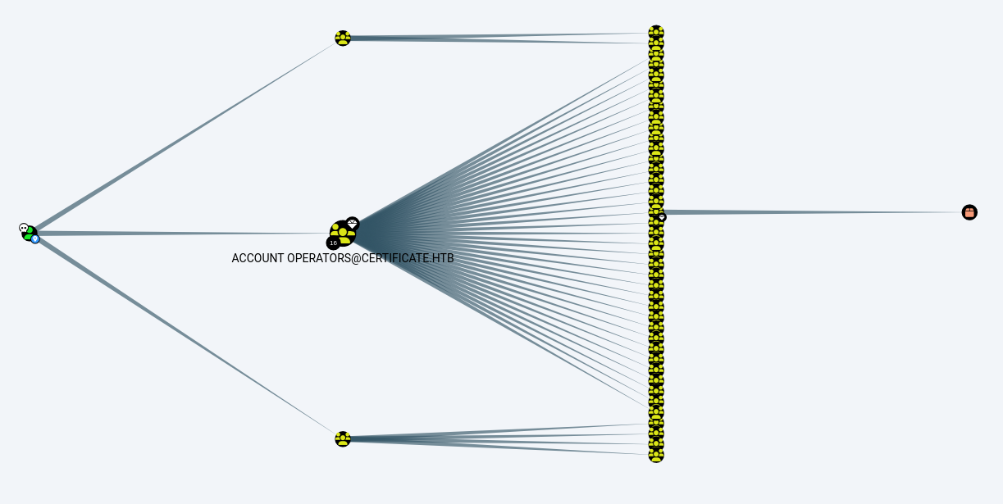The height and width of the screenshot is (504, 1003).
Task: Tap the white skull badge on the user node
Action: pyautogui.click(x=24, y=228)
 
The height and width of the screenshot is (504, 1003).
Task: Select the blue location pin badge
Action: pyautogui.click(x=35, y=239)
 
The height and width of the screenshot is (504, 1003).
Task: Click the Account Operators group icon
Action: pyautogui.click(x=343, y=234)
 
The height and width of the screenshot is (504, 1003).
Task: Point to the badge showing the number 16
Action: pyautogui.click(x=333, y=243)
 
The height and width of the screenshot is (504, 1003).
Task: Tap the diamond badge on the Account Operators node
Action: pyautogui.click(x=353, y=224)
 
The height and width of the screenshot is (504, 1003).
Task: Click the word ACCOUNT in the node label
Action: pyautogui.click(x=258, y=258)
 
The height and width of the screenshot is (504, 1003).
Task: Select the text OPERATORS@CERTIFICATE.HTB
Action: pyautogui.click(x=371, y=258)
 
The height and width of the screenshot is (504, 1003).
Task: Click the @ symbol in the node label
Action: pyautogui.click(x=357, y=258)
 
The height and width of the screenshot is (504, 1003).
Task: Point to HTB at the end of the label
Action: pyautogui.click(x=444, y=258)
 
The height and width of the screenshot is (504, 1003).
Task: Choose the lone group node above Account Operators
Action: pyautogui.click(x=343, y=38)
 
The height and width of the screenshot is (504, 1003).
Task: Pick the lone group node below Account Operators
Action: pyautogui.click(x=343, y=438)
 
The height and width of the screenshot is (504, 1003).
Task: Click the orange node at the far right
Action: pyautogui.click(x=969, y=212)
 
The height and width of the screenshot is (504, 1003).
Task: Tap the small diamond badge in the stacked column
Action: pyautogui.click(x=663, y=217)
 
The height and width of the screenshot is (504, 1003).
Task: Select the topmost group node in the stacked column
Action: pyautogui.click(x=656, y=33)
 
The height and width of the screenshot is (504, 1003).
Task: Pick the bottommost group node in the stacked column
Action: pyautogui.click(x=656, y=455)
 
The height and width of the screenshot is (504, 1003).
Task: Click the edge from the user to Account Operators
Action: pyautogui.click(x=184, y=234)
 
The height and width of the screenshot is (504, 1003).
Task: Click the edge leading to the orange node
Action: pyautogui.click(x=813, y=212)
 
